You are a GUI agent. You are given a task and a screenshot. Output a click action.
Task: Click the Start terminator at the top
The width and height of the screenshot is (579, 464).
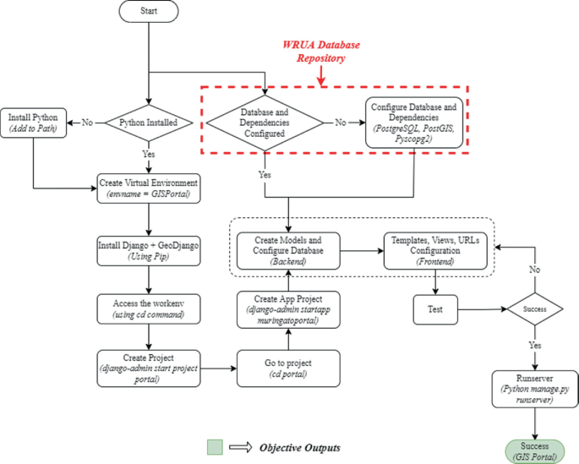click(149, 13)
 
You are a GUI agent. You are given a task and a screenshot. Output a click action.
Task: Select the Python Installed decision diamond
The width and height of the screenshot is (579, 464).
click(149, 123)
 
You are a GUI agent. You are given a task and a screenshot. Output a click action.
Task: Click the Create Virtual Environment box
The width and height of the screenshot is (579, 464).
click(149, 188)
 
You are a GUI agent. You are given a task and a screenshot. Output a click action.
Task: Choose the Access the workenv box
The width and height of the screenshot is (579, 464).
click(149, 308)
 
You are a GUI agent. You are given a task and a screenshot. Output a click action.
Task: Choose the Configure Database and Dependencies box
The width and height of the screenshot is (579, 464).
click(414, 123)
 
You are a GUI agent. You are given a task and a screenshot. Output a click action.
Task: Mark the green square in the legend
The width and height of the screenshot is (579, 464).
click(216, 446)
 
